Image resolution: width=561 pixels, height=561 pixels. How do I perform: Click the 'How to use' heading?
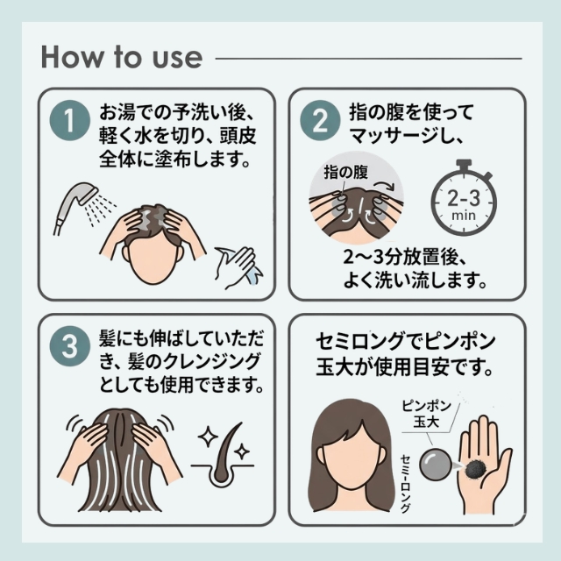click(122, 57)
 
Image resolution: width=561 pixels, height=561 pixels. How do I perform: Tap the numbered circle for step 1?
click(70, 120)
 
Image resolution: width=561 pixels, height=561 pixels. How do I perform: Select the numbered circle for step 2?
click(320, 120)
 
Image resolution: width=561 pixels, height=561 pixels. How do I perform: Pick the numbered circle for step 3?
click(70, 345)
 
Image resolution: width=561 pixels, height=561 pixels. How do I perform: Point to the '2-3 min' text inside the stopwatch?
click(464, 204)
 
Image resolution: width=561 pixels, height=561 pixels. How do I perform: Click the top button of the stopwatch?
click(464, 165)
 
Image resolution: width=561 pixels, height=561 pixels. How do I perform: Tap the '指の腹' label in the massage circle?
click(345, 172)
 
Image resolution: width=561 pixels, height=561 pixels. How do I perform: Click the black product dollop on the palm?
click(476, 468)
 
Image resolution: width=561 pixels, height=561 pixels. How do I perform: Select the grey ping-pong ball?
click(435, 465)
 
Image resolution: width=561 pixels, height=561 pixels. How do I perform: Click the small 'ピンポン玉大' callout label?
click(427, 414)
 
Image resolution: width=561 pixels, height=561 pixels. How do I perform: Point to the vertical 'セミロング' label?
click(405, 484)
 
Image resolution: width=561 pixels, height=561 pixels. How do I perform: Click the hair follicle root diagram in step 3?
click(223, 462)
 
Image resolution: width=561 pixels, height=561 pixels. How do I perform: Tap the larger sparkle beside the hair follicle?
click(209, 437)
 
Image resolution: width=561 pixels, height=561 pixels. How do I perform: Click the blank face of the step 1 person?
click(153, 259)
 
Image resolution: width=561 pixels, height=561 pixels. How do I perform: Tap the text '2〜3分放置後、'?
click(404, 256)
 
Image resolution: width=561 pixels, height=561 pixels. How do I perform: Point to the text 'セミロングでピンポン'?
click(406, 341)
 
